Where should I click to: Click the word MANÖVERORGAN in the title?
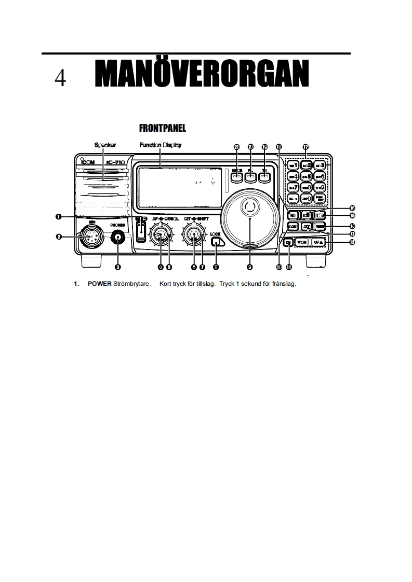pyautogui.click(x=202, y=75)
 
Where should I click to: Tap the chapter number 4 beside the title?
pyautogui.click(x=60, y=78)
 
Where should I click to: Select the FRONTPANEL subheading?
pyautogui.click(x=163, y=128)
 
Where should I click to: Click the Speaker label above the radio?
pyautogui.click(x=105, y=145)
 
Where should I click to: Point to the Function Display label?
pyautogui.click(x=160, y=145)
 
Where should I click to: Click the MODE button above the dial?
pyautogui.click(x=237, y=177)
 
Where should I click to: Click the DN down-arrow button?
pyautogui.click(x=301, y=242)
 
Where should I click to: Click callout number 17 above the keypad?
pyautogui.click(x=305, y=147)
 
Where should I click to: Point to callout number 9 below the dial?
pyautogui.click(x=250, y=267)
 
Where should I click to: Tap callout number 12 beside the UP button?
pyautogui.click(x=352, y=242)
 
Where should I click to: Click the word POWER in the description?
pyautogui.click(x=99, y=284)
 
